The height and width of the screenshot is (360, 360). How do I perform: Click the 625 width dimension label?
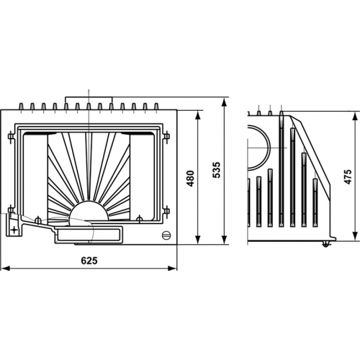pos(89,261)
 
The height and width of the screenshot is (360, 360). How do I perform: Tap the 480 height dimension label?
pos(191,179)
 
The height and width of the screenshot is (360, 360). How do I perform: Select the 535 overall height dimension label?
pos(217,170)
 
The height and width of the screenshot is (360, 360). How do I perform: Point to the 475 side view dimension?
pos(348,176)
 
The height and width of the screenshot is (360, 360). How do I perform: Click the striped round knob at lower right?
pos(166,235)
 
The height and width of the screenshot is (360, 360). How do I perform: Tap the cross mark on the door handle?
pos(14,230)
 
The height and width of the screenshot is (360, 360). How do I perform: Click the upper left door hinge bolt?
pos(10,136)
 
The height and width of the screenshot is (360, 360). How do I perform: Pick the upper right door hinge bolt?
pos(166,136)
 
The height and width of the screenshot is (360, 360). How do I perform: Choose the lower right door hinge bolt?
pos(166,211)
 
